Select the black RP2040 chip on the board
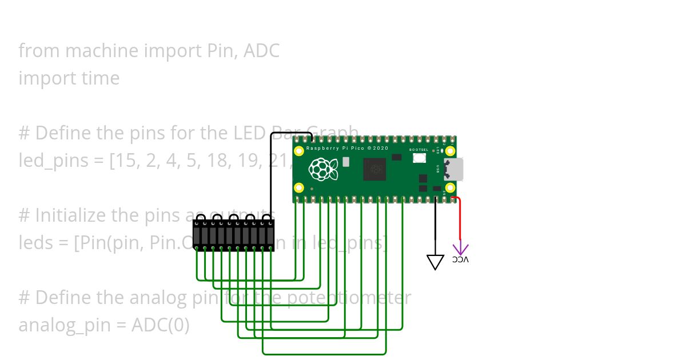[x=374, y=169]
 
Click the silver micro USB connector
[x=455, y=169]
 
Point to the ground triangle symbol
[x=436, y=262]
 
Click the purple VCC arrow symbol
[x=460, y=249]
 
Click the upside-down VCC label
[x=460, y=260]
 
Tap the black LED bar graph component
[x=233, y=235]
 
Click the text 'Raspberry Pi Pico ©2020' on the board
[x=347, y=149]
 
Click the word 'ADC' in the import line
[x=261, y=51]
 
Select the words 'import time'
[x=69, y=78]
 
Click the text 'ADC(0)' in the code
[x=160, y=325]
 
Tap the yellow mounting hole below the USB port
[x=450, y=187]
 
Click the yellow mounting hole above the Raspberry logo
[x=299, y=151]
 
